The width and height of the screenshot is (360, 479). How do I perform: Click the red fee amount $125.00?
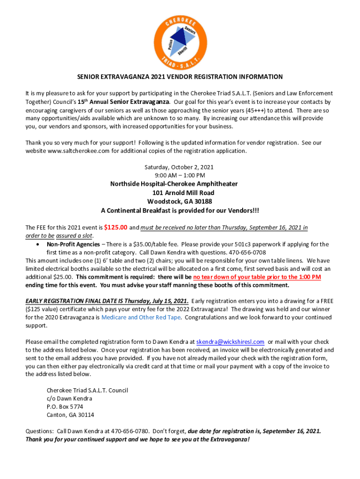tap(115, 228)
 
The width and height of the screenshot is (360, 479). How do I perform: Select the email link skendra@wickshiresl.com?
tap(230, 341)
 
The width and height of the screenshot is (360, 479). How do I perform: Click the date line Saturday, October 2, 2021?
tap(180, 167)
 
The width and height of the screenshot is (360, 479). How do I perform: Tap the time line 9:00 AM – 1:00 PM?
tap(180, 175)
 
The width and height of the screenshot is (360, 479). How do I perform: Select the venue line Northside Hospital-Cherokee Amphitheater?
tap(180, 184)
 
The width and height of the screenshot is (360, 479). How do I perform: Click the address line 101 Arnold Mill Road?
tap(180, 193)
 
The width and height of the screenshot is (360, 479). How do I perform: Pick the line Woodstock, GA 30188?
tap(180, 202)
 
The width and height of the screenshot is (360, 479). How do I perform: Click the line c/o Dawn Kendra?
tap(69, 399)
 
